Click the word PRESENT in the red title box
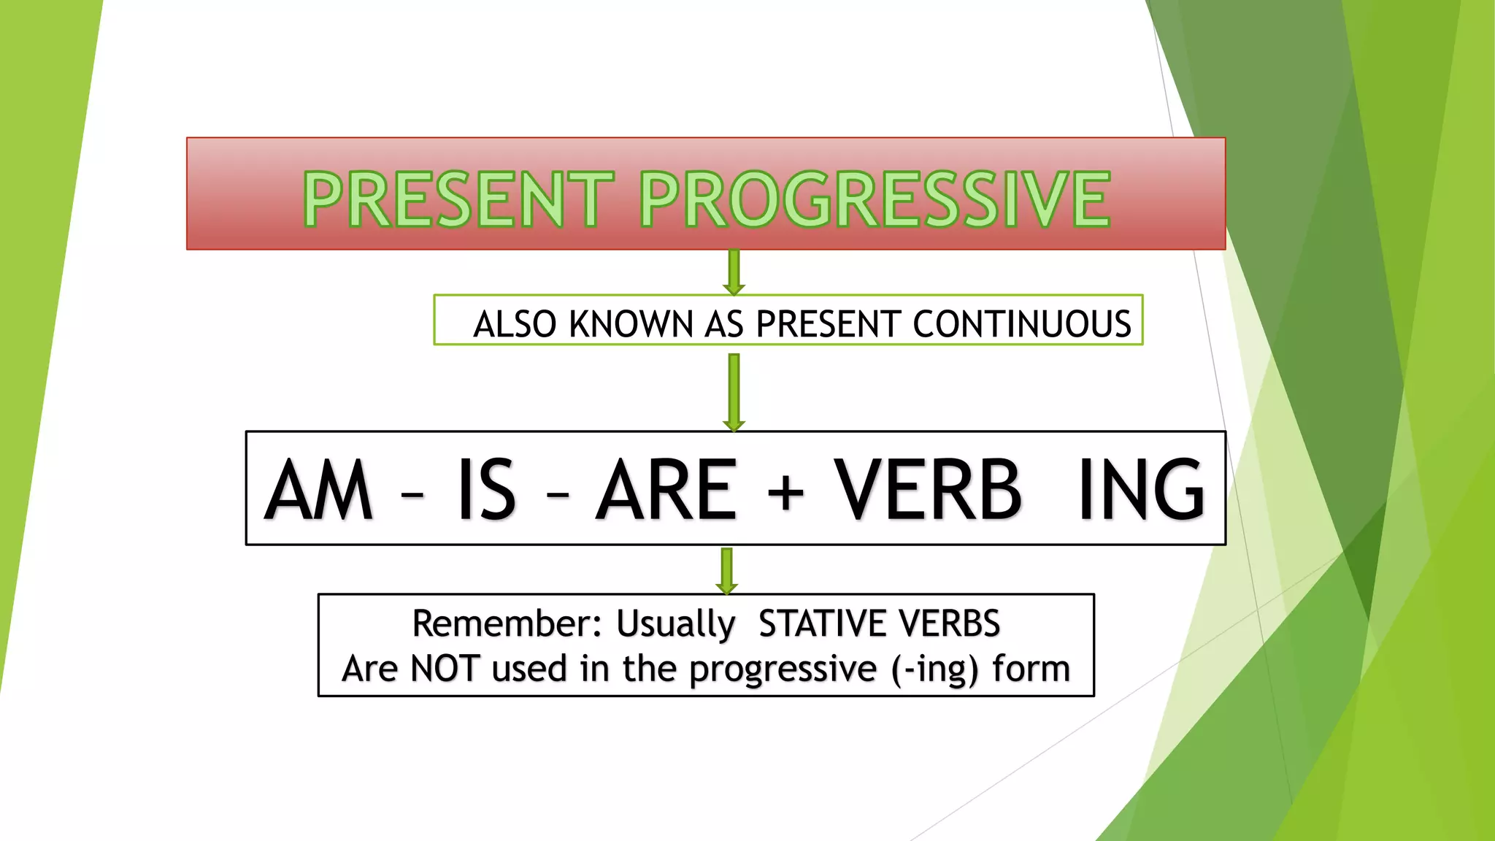(x=458, y=199)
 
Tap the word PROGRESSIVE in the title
(x=875, y=199)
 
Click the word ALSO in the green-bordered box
(x=515, y=324)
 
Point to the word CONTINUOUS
(x=1022, y=324)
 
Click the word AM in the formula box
(x=319, y=490)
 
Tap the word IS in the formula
(x=486, y=490)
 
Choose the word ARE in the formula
(x=666, y=490)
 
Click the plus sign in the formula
(x=785, y=492)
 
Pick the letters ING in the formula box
(x=1141, y=490)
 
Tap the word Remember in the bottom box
(x=506, y=623)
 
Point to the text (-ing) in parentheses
(x=935, y=669)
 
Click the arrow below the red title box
(x=734, y=272)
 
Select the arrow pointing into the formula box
(x=734, y=392)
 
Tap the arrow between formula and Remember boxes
(x=726, y=570)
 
